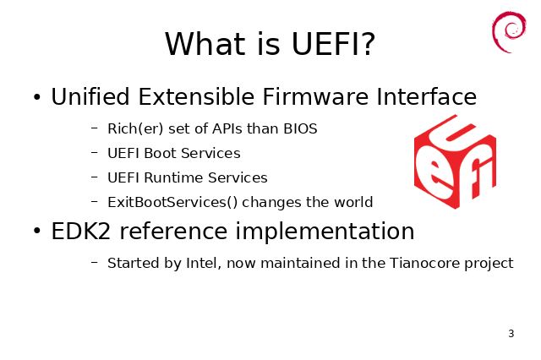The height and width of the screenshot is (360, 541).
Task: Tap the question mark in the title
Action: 369,43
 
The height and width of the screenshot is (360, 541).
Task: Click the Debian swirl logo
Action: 509,32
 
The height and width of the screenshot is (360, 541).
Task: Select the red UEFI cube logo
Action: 455,161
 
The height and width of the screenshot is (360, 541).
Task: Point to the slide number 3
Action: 511,334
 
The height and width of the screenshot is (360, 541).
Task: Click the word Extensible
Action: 196,96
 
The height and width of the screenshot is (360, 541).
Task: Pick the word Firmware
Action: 315,96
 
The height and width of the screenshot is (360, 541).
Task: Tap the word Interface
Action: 426,96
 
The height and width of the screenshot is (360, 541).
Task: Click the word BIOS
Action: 300,128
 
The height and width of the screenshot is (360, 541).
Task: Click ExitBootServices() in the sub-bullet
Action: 172,203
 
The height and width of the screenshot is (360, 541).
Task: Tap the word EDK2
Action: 81,231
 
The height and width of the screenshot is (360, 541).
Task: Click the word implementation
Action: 325,232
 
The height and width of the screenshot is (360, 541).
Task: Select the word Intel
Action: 204,263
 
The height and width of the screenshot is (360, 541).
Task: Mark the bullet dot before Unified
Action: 37,97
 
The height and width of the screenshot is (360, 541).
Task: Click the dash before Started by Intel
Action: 95,263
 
